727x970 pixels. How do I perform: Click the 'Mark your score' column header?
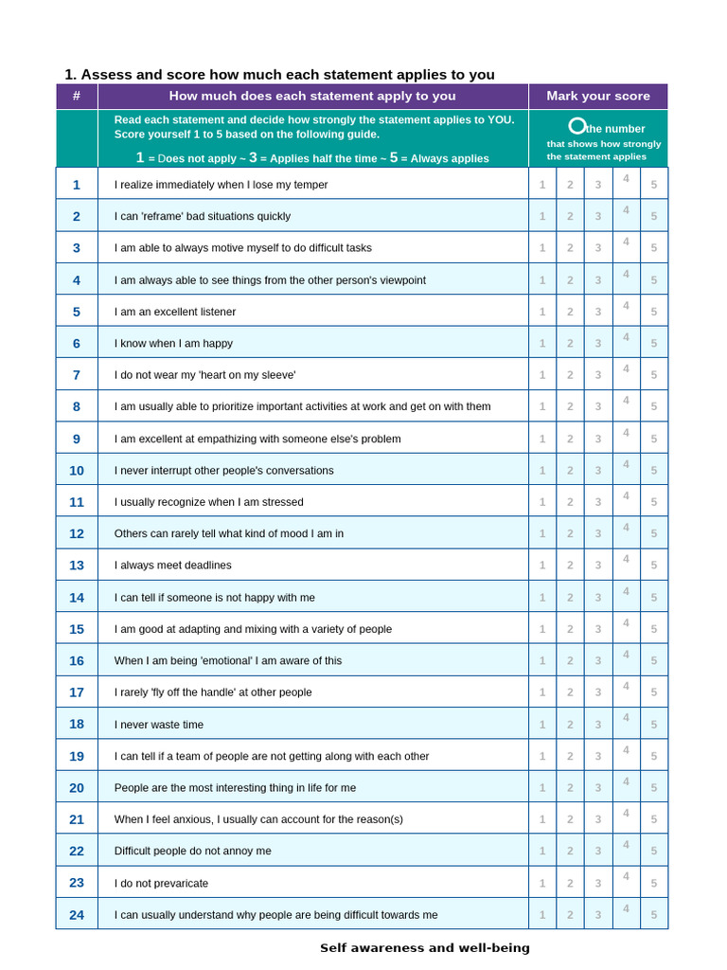(x=597, y=96)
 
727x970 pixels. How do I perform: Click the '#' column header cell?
(x=77, y=96)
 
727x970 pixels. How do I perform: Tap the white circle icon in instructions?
(x=576, y=126)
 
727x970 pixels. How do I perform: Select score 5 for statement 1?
(x=653, y=185)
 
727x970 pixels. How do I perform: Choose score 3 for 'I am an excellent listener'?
(x=597, y=312)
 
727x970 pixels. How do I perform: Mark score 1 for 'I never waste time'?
(x=542, y=725)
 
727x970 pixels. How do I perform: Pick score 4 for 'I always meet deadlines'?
(x=625, y=560)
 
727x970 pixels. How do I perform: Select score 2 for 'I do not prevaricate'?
(x=570, y=883)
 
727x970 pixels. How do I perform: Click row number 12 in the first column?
(x=77, y=533)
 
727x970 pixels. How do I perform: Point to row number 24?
(x=77, y=914)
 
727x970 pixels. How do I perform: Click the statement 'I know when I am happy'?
(x=173, y=343)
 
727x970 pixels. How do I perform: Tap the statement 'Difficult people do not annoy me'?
(x=192, y=851)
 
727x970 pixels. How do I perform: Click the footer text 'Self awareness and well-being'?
(x=424, y=947)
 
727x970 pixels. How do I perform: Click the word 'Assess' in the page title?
(x=106, y=75)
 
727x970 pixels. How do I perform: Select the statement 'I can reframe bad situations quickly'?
(x=203, y=216)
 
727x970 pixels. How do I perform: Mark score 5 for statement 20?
(x=653, y=787)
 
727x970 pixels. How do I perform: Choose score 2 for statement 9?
(x=570, y=439)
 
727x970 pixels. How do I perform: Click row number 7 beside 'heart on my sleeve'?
(x=77, y=374)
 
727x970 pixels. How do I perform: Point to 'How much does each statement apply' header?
(x=312, y=96)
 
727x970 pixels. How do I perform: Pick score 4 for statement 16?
(x=625, y=655)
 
